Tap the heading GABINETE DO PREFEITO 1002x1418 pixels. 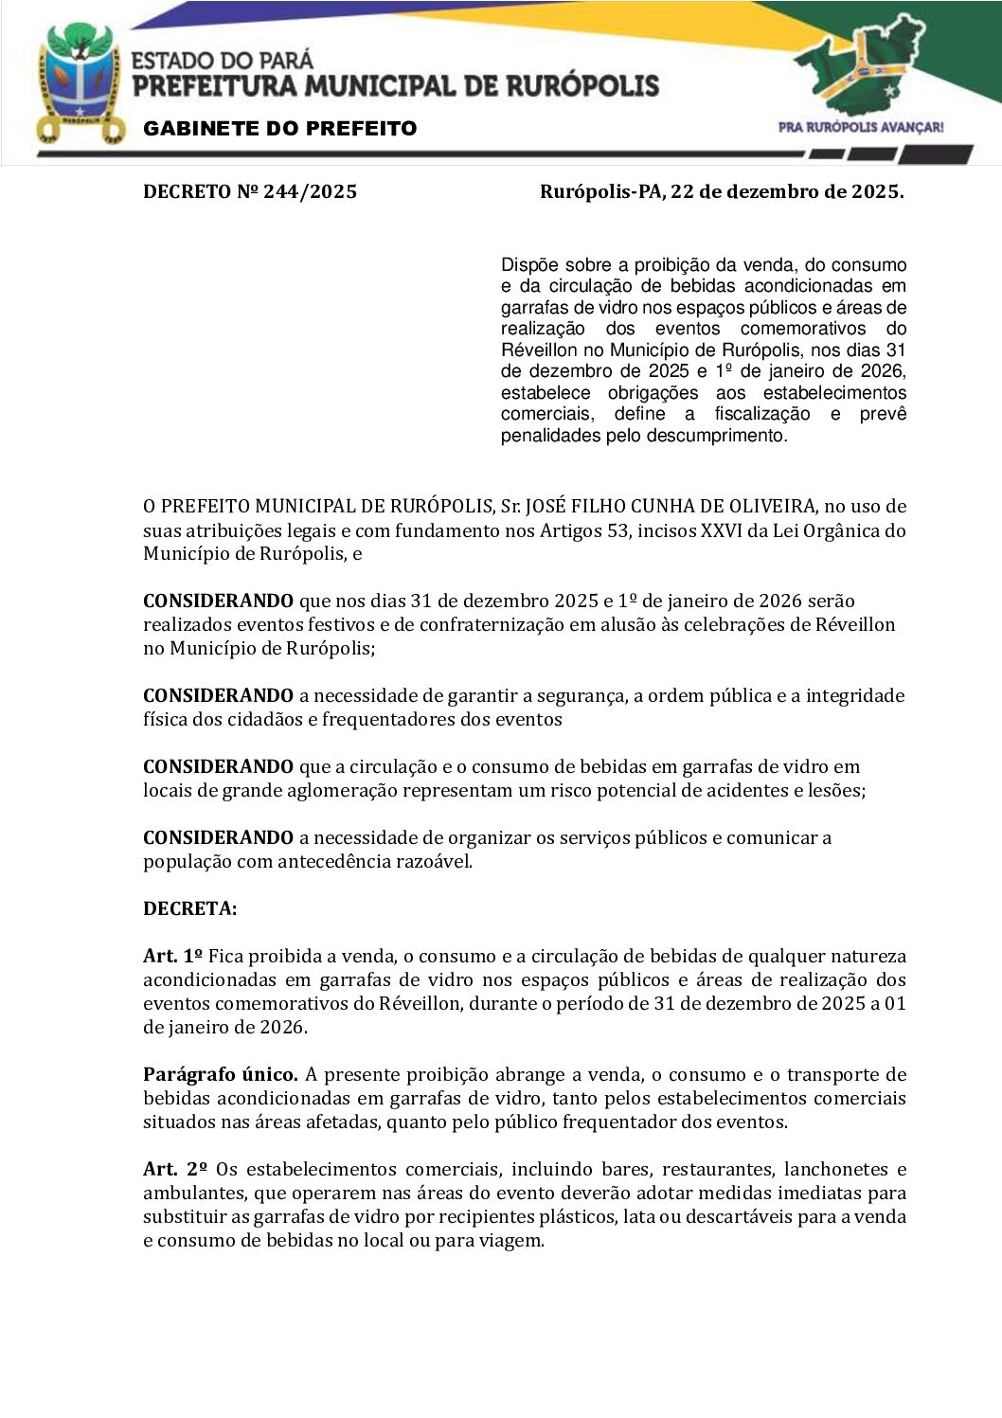(x=279, y=129)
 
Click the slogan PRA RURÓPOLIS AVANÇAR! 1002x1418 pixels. (x=860, y=127)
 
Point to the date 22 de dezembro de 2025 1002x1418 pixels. (x=786, y=192)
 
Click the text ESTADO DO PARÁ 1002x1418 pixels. (x=222, y=61)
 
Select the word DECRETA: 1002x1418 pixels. (x=189, y=909)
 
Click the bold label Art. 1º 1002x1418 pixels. (x=172, y=957)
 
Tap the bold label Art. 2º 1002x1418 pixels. (x=174, y=1170)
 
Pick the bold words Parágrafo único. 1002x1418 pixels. (x=220, y=1075)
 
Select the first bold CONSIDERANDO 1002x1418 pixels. (x=218, y=601)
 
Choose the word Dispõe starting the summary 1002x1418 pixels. (x=529, y=265)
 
